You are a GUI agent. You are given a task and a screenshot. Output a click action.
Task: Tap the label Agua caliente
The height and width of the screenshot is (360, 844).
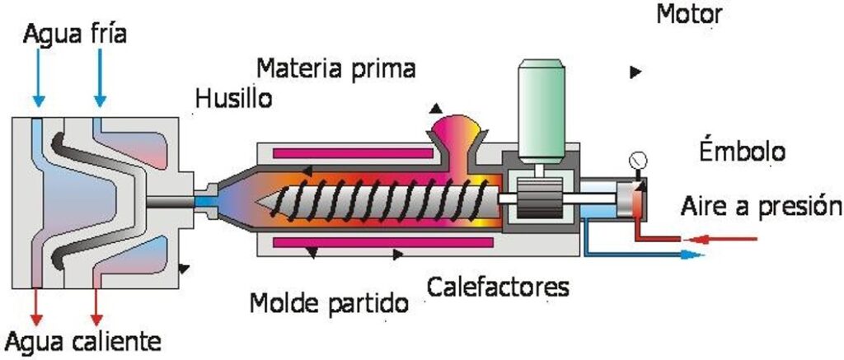pos(82,340)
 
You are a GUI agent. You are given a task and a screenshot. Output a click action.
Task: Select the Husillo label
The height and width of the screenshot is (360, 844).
pos(233,101)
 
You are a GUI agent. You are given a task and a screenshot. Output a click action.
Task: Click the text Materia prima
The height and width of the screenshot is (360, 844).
pos(335,68)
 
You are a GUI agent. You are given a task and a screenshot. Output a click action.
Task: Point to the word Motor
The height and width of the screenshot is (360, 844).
pos(689,15)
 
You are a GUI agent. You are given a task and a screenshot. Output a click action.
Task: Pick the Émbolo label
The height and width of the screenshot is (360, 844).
pos(742,152)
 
